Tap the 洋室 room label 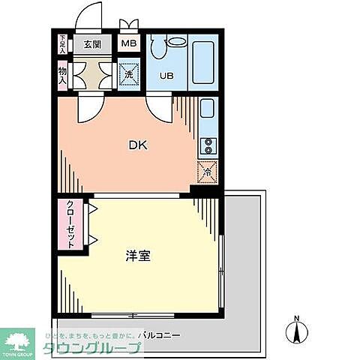pos(137,256)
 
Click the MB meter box pos(129,43)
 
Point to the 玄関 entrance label pos(92,43)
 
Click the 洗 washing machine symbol pos(128,75)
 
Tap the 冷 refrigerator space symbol pos(207,172)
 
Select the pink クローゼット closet pos(71,225)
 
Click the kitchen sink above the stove pos(208,112)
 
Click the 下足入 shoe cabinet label pos(63,43)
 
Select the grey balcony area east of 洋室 pos(246,255)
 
